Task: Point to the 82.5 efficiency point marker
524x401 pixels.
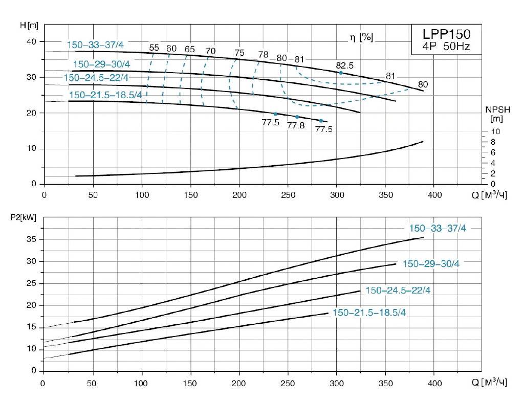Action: (x=341, y=73)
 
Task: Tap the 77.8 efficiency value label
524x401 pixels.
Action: (x=296, y=125)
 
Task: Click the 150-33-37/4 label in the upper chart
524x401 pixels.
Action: (x=95, y=45)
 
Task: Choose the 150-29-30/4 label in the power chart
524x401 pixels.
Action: (x=431, y=264)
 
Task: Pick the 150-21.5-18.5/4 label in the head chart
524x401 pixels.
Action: (x=105, y=95)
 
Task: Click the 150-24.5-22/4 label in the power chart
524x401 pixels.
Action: (x=398, y=290)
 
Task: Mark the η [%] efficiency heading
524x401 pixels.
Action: (x=361, y=37)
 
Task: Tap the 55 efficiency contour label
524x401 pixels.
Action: (x=154, y=48)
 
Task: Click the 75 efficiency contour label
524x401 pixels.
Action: (x=239, y=53)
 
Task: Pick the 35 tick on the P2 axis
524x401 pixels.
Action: (x=32, y=239)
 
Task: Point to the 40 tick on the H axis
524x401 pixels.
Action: (x=32, y=41)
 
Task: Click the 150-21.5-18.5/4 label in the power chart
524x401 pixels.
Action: (x=369, y=313)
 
